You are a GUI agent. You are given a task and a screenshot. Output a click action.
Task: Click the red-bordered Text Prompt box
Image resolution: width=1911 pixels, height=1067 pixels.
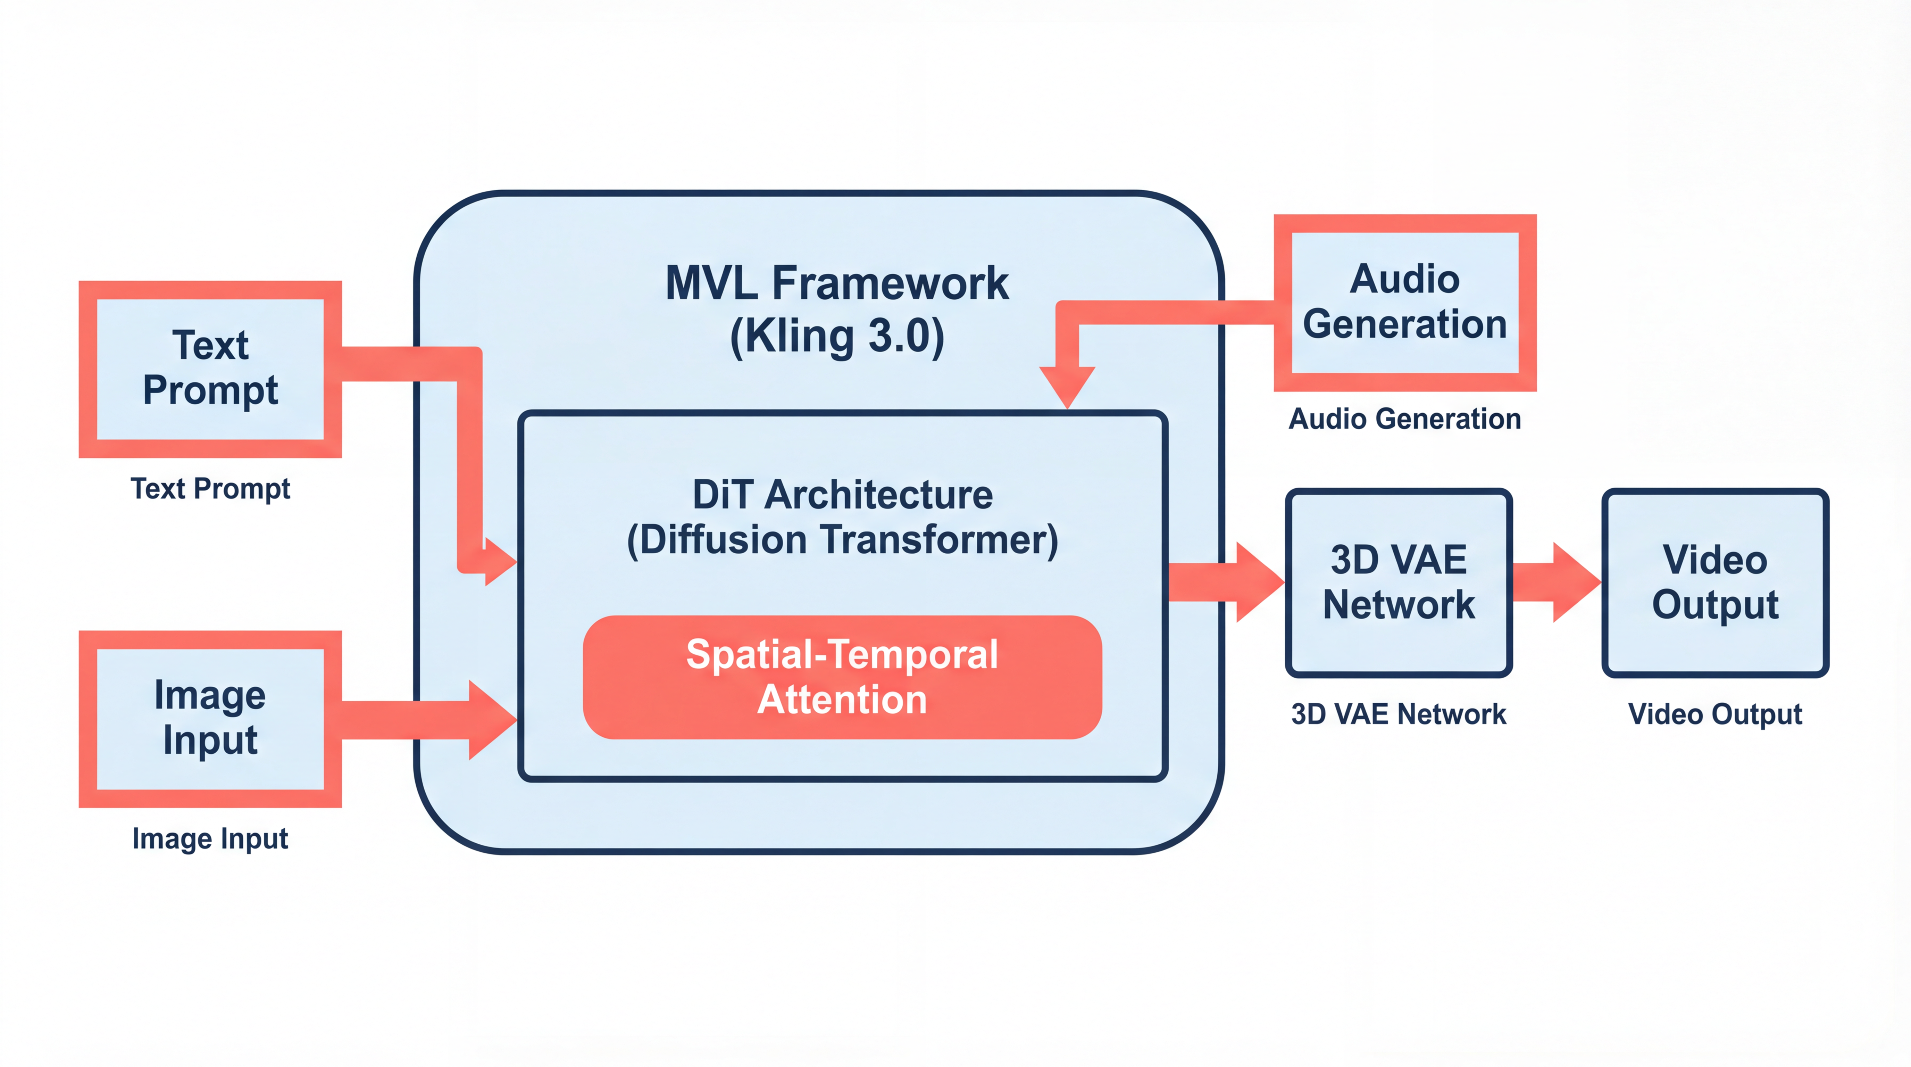pyautogui.click(x=210, y=369)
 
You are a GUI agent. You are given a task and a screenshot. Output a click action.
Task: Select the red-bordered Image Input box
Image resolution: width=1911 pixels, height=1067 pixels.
pyautogui.click(x=210, y=718)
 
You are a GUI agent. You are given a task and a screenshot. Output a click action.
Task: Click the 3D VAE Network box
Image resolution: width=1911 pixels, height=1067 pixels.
pyautogui.click(x=1399, y=582)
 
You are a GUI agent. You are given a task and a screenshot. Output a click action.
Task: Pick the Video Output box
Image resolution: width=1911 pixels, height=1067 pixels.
pyautogui.click(x=1714, y=582)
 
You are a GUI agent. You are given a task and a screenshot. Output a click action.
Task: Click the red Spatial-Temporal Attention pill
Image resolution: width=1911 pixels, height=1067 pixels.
pyautogui.click(x=842, y=677)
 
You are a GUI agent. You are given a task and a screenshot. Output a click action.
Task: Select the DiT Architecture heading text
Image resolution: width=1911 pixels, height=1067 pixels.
pyautogui.click(x=842, y=495)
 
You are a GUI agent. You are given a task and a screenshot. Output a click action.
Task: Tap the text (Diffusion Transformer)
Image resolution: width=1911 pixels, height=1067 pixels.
pyautogui.click(x=842, y=539)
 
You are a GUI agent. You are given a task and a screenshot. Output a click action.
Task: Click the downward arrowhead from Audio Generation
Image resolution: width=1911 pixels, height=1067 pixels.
pyautogui.click(x=1067, y=386)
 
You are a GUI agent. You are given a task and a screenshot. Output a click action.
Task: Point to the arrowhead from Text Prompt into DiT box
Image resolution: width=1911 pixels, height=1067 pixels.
pyautogui.click(x=499, y=562)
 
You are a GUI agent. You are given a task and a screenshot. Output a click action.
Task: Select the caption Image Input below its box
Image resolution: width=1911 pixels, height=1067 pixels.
pyautogui.click(x=210, y=838)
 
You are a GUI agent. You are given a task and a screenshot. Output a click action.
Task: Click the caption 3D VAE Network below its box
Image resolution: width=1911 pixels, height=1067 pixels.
pyautogui.click(x=1399, y=714)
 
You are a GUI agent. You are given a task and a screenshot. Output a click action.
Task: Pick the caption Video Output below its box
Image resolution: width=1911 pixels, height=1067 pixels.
pyautogui.click(x=1714, y=714)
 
